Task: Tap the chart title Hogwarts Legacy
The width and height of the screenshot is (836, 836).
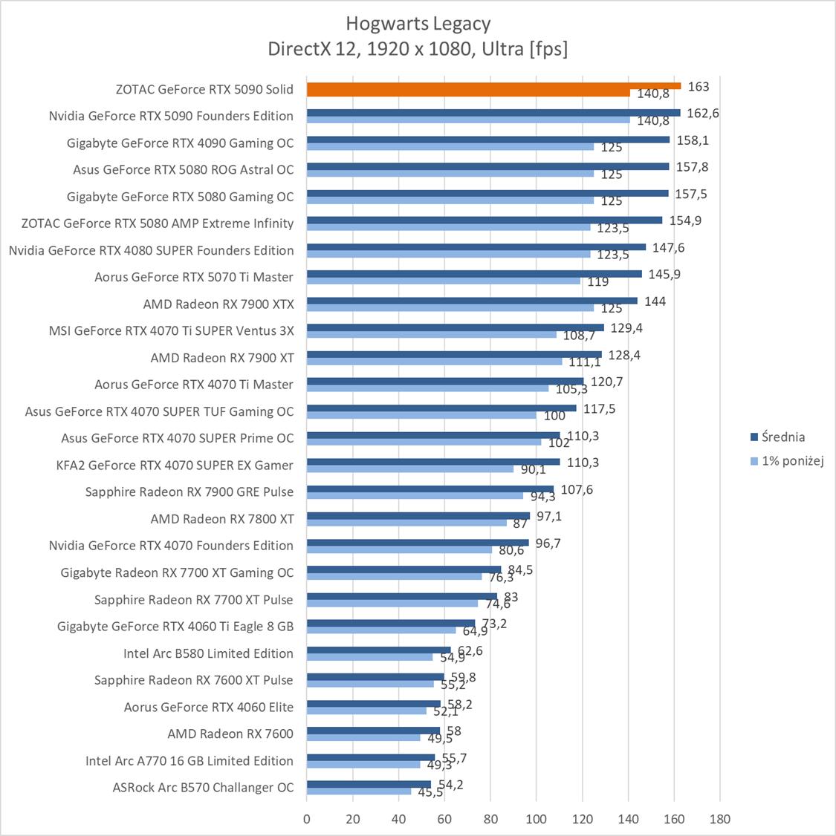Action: [418, 24]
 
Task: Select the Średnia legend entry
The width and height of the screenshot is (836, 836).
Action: [777, 437]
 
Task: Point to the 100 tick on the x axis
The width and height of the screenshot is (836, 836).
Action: [537, 820]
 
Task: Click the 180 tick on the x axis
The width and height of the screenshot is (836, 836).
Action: [720, 820]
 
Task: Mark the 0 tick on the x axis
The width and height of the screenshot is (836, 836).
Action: [307, 820]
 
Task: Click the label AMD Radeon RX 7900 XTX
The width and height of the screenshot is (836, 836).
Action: [218, 304]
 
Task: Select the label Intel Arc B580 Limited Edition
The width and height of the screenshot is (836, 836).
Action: [208, 653]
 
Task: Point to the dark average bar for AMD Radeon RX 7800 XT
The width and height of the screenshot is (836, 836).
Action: [418, 515]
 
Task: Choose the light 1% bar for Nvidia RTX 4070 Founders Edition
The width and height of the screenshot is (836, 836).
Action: [399, 550]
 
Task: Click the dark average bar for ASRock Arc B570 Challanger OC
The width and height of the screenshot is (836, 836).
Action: [369, 784]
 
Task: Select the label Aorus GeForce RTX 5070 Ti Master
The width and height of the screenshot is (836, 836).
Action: [194, 277]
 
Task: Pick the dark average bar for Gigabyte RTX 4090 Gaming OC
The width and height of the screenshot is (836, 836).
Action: [487, 140]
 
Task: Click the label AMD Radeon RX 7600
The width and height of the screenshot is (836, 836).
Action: [230, 734]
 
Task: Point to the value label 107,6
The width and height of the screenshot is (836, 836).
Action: [577, 490]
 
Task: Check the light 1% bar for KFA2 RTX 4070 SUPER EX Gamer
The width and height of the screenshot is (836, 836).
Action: [409, 469]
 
